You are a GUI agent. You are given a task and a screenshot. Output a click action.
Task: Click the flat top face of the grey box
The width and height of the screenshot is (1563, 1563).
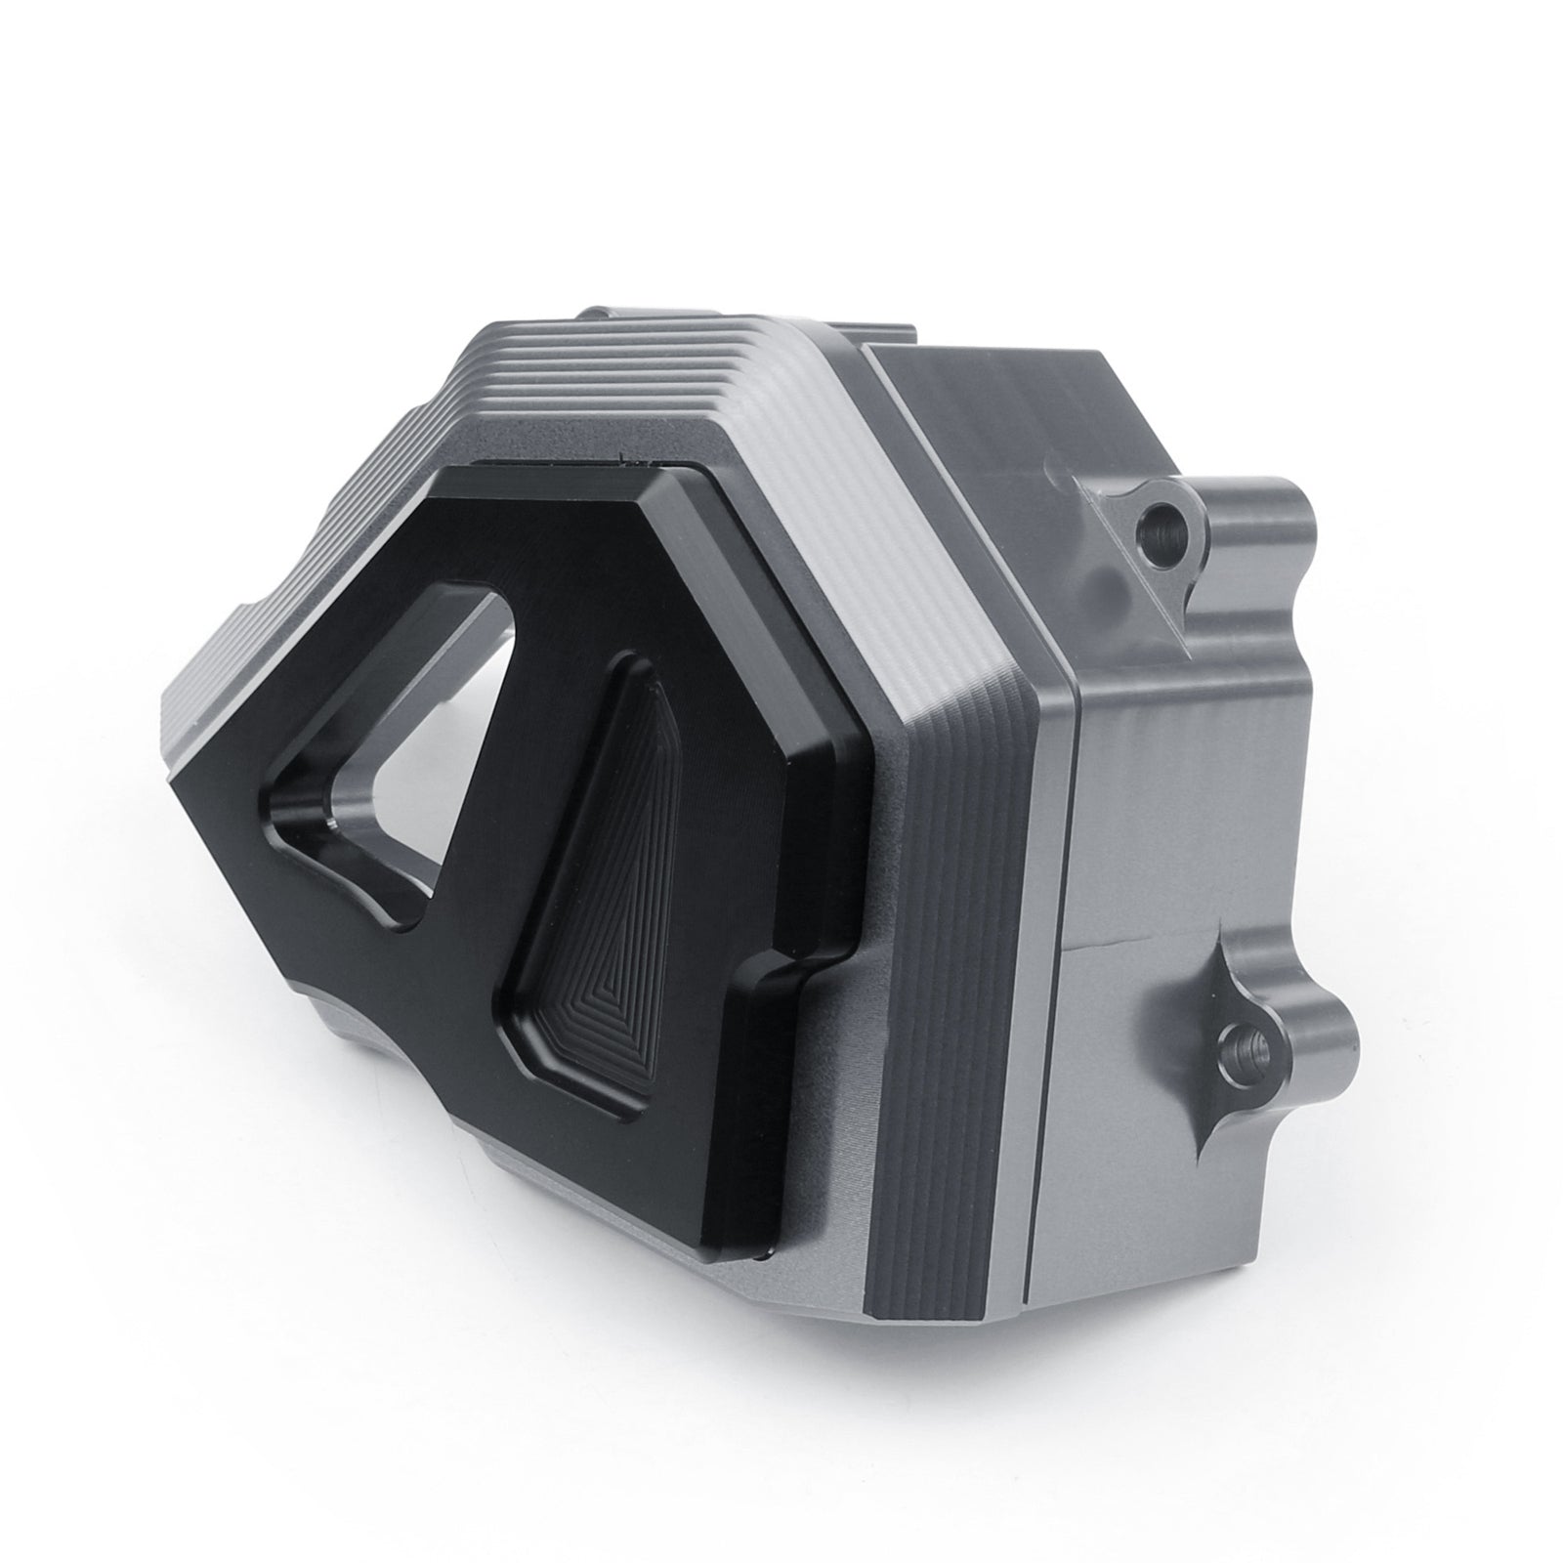pos(987,410)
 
